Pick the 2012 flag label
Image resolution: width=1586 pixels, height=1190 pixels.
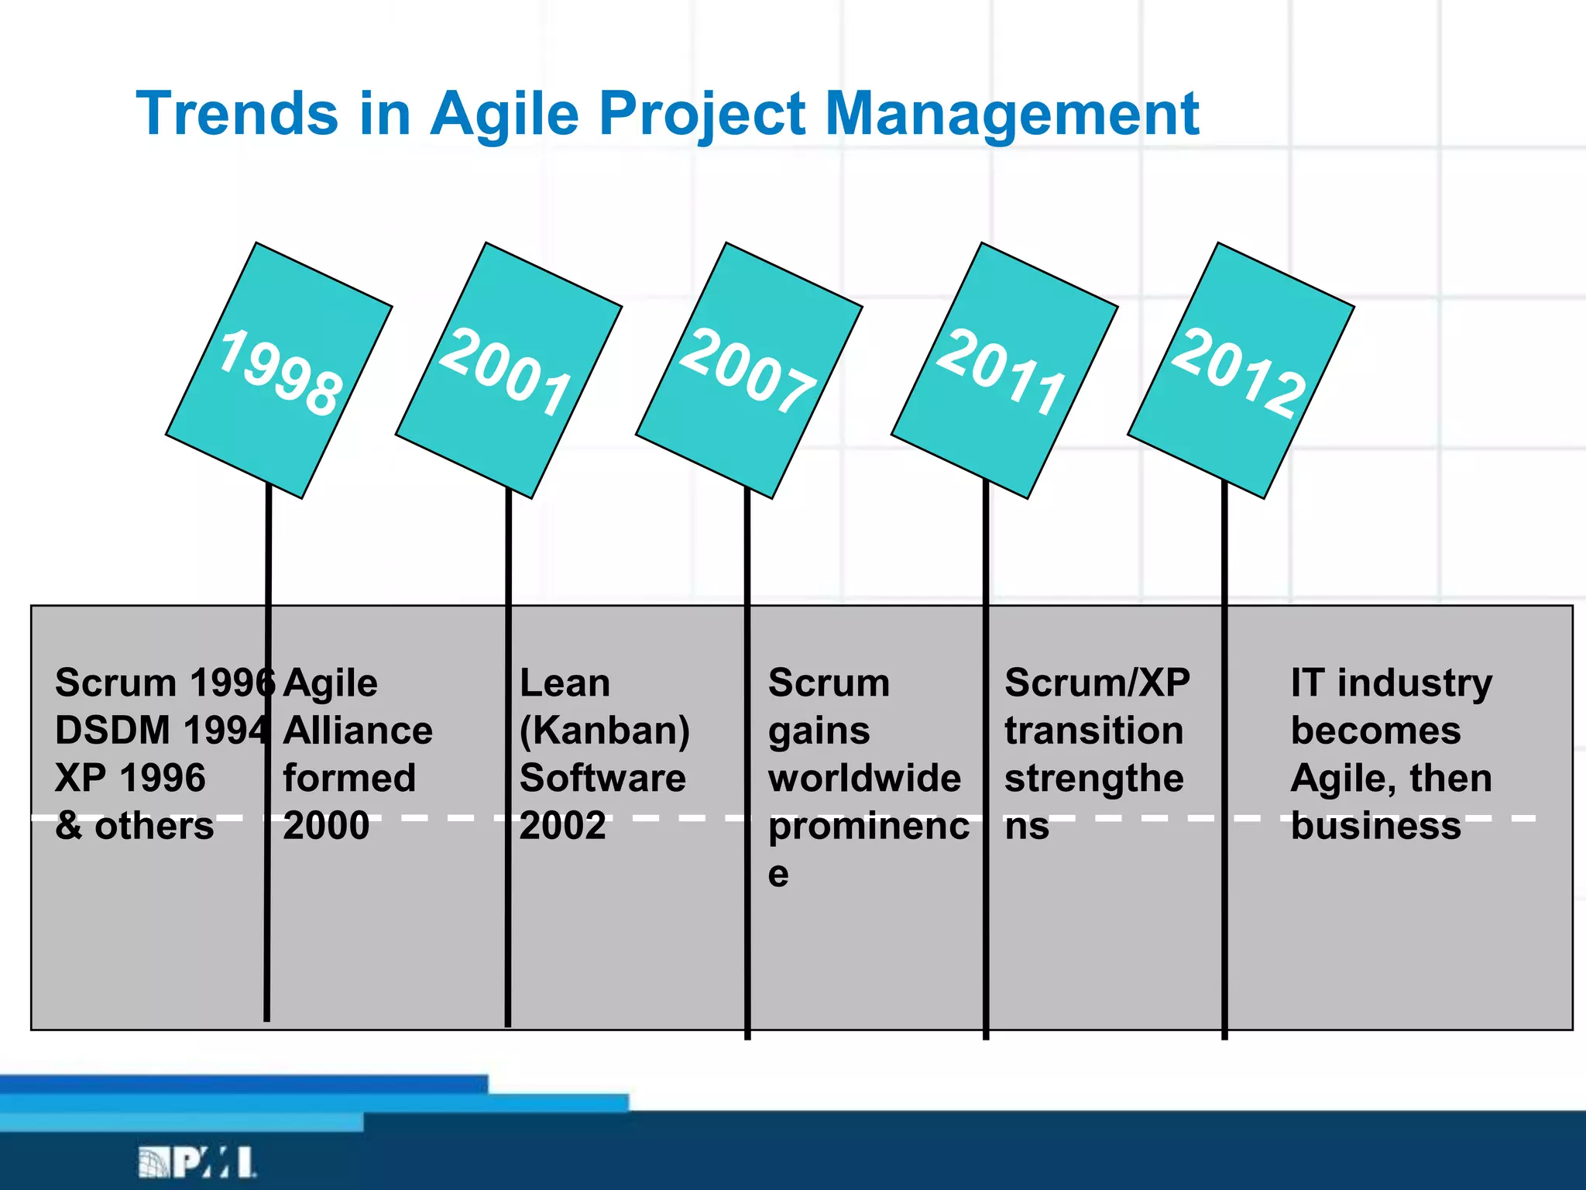1239,372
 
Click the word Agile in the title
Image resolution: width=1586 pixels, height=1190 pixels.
504,114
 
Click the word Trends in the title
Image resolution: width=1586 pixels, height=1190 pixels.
237,114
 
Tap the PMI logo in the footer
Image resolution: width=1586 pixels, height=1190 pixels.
197,1162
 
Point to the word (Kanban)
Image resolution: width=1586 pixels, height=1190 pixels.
604,731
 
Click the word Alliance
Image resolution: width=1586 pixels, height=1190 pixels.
358,731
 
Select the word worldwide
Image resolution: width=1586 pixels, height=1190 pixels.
864,778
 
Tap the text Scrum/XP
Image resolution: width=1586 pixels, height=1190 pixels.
1097,683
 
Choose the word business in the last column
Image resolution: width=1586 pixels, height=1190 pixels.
1376,826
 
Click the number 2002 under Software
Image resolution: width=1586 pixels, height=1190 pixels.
563,826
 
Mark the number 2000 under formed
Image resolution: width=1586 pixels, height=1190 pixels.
326,826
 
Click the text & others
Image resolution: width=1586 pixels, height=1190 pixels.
135,826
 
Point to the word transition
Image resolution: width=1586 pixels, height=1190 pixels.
1093,731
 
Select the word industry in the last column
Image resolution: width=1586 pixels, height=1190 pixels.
1415,683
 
